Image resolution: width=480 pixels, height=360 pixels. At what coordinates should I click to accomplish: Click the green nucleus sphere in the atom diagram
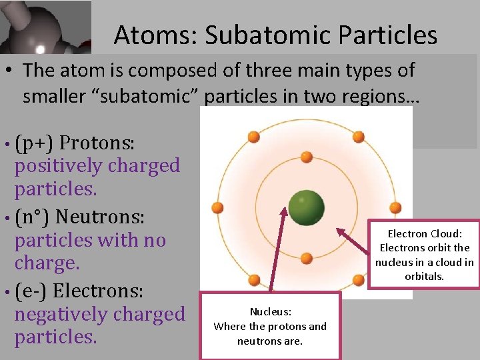click(x=306, y=207)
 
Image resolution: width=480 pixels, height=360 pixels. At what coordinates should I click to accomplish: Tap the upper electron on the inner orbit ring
click(x=306, y=157)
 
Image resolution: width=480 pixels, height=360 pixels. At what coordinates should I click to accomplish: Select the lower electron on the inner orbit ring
click(x=306, y=259)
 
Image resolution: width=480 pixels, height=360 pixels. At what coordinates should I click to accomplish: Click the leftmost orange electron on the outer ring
click(x=217, y=207)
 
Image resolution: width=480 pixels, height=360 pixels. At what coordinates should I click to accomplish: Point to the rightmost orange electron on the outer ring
click(x=395, y=207)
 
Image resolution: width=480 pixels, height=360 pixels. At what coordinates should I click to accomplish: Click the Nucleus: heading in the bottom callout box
click(x=270, y=311)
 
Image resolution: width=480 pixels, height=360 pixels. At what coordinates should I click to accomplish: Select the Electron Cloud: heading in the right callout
click(x=425, y=233)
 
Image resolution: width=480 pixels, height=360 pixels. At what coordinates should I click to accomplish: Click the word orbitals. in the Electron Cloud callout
click(x=425, y=276)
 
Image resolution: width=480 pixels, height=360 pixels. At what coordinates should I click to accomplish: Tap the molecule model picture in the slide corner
click(x=45, y=27)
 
